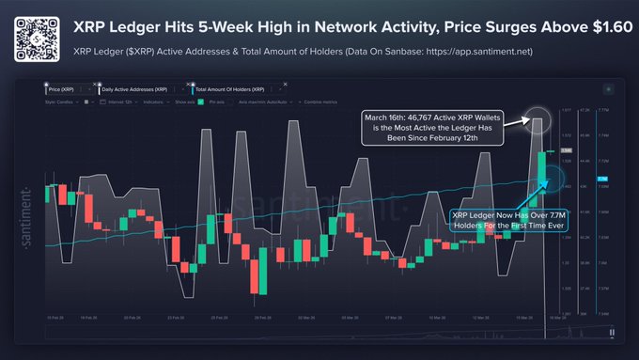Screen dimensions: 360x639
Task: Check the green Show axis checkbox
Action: tap(200, 100)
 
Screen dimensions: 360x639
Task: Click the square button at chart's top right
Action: tap(610, 86)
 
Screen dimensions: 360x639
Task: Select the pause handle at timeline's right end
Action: tap(611, 332)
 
